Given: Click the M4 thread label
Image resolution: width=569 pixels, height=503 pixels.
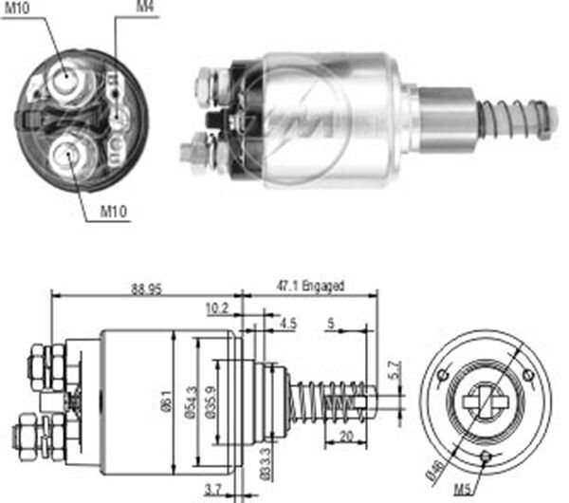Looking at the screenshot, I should [x=145, y=8].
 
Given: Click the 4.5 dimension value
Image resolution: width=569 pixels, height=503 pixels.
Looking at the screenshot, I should [x=288, y=324].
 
